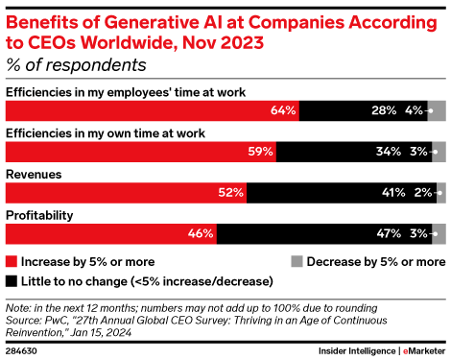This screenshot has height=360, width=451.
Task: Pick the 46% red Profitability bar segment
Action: click(x=111, y=231)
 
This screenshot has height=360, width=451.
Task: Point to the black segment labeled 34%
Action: click(x=355, y=151)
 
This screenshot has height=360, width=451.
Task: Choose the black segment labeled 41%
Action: click(x=341, y=191)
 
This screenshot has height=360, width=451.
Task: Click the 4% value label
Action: click(x=415, y=110)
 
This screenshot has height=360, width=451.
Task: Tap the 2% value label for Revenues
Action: click(x=420, y=191)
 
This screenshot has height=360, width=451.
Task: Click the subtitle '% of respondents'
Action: click(x=76, y=65)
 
